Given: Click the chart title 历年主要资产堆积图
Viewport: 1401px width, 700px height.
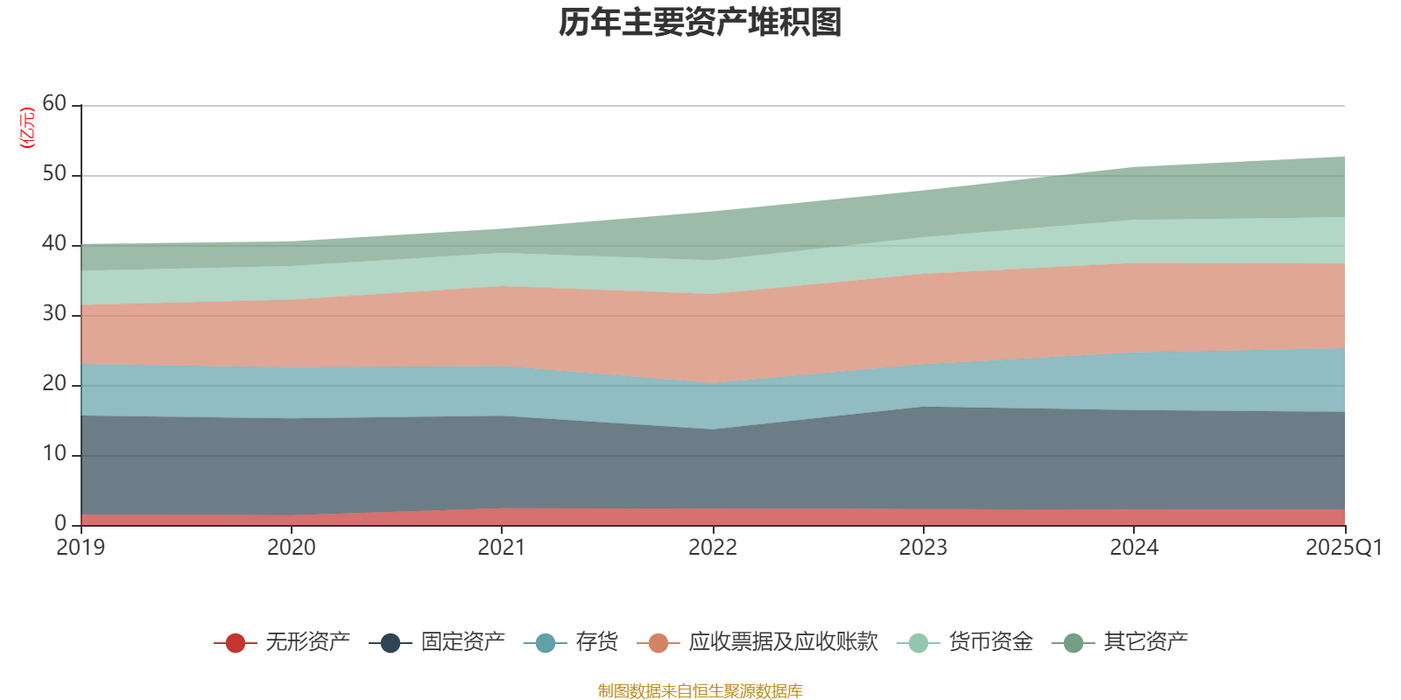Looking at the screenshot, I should pyautogui.click(x=700, y=23).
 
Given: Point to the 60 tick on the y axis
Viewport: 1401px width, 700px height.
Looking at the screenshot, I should pyautogui.click(x=54, y=104).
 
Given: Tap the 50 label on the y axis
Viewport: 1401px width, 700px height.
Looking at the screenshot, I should pyautogui.click(x=54, y=174).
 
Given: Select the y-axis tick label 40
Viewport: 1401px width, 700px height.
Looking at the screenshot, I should pyautogui.click(x=54, y=244).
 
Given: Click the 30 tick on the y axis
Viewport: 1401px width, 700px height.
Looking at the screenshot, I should pyautogui.click(x=54, y=314).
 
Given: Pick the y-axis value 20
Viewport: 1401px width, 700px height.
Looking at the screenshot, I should pyautogui.click(x=54, y=384).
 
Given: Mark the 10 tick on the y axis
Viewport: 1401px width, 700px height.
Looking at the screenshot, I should pyautogui.click(x=54, y=454).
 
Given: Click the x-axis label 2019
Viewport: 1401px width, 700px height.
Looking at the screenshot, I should pyautogui.click(x=81, y=548).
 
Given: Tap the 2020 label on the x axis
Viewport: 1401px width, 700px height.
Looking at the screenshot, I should pyautogui.click(x=291, y=548).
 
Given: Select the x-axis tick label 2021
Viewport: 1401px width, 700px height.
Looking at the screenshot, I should pyautogui.click(x=501, y=548).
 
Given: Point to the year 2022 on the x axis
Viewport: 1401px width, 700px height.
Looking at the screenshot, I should pyautogui.click(x=713, y=548).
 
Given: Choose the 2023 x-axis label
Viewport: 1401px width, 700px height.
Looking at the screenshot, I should pyautogui.click(x=923, y=548).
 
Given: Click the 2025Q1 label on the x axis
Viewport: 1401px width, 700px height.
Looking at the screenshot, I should pyautogui.click(x=1343, y=548).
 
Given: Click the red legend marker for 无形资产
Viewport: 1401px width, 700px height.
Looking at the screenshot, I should pyautogui.click(x=235, y=643).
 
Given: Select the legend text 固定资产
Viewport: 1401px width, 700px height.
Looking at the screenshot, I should pyautogui.click(x=462, y=642).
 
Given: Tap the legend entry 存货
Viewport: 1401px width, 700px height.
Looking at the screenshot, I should pyautogui.click(x=596, y=642).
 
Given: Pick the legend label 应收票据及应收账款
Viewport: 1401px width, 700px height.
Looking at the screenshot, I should pyautogui.click(x=783, y=642).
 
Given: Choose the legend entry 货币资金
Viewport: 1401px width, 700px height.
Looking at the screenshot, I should pyautogui.click(x=990, y=642).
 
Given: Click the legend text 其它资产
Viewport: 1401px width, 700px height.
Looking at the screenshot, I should pyautogui.click(x=1145, y=642).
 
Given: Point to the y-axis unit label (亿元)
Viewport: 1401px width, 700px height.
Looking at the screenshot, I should pyautogui.click(x=27, y=128).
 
